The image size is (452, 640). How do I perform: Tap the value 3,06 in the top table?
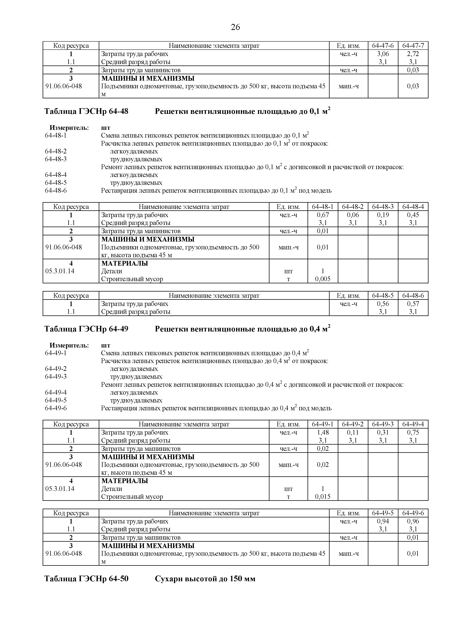pyautogui.click(x=383, y=54)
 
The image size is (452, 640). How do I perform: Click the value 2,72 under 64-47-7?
pyautogui.click(x=413, y=54)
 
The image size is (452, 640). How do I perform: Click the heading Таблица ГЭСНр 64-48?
pyautogui.click(x=86, y=111)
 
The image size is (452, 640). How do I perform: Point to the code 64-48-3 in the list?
pyautogui.click(x=56, y=159)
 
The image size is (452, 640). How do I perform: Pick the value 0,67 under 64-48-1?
pyautogui.click(x=323, y=215)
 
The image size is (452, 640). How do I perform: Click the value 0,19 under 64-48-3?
pyautogui.click(x=383, y=215)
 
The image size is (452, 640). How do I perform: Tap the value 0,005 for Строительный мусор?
pyautogui.click(x=323, y=279)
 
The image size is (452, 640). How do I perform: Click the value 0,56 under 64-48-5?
pyautogui.click(x=383, y=304)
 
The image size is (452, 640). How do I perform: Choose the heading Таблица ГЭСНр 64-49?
pyautogui.click(x=86, y=329)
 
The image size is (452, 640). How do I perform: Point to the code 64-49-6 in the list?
pyautogui.click(x=56, y=408)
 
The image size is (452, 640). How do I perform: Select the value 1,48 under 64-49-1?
pyautogui.click(x=323, y=432)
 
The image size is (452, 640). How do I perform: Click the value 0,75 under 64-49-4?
pyautogui.click(x=413, y=432)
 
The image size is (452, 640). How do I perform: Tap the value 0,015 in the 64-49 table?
pyautogui.click(x=323, y=496)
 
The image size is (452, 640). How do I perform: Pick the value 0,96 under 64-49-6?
pyautogui.click(x=413, y=521)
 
